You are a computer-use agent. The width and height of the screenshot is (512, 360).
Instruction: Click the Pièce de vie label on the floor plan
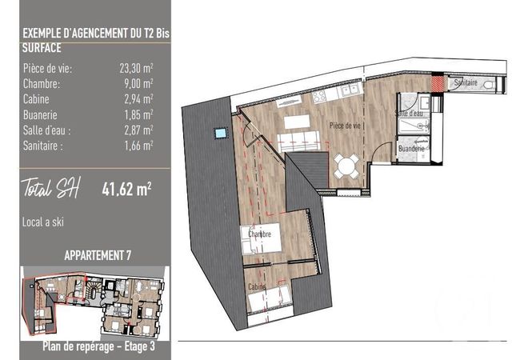tap(345, 126)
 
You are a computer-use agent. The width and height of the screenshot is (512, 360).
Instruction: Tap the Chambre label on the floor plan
tap(259, 234)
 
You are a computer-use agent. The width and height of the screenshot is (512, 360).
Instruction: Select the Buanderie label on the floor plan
tap(411, 149)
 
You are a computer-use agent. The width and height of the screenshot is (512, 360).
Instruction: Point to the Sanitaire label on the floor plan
tap(466, 82)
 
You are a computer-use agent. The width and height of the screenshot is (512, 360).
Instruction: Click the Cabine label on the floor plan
tap(257, 287)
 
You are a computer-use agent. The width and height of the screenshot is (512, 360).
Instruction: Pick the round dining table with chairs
tap(346, 166)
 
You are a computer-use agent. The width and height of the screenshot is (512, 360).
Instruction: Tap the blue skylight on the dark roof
tap(220, 133)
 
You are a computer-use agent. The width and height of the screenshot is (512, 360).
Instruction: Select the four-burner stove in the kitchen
tap(319, 94)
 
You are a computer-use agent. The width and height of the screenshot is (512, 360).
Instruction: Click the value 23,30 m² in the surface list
tap(136, 68)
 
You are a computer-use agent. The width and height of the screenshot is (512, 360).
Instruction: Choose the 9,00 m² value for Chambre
tap(138, 84)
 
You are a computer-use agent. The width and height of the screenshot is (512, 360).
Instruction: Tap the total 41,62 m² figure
tap(126, 189)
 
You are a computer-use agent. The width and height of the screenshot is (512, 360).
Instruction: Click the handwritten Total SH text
tap(50, 188)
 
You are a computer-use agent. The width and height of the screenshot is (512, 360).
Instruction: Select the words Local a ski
tap(42, 222)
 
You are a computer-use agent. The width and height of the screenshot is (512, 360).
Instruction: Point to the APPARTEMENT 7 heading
tap(98, 255)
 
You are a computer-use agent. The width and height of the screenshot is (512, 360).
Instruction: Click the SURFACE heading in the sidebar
tap(42, 48)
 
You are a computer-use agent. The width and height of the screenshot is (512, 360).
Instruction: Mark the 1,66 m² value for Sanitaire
tap(138, 146)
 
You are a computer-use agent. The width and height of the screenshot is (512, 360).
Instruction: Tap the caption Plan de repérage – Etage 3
tap(98, 346)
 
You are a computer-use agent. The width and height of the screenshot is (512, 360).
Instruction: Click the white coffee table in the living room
tap(297, 122)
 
